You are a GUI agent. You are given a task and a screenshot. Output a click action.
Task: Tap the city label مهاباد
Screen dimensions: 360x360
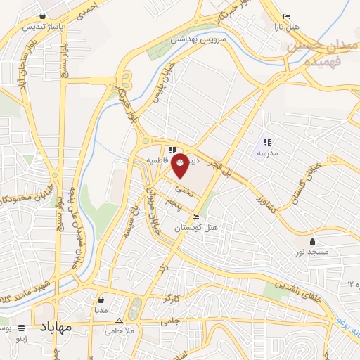56,328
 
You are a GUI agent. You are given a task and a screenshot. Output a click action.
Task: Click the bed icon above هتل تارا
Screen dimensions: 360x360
285,17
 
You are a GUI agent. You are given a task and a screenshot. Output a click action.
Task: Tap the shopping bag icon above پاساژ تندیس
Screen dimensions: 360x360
44,15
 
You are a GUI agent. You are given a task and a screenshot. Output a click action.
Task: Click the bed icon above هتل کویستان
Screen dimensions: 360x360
195,217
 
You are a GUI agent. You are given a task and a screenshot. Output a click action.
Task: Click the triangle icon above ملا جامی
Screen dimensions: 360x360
120,321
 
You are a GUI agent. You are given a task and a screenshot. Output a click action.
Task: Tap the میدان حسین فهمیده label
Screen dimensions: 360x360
314,53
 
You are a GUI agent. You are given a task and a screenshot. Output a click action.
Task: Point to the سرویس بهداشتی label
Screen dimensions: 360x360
204,42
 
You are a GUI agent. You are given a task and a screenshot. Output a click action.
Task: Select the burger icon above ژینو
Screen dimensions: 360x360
21,328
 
